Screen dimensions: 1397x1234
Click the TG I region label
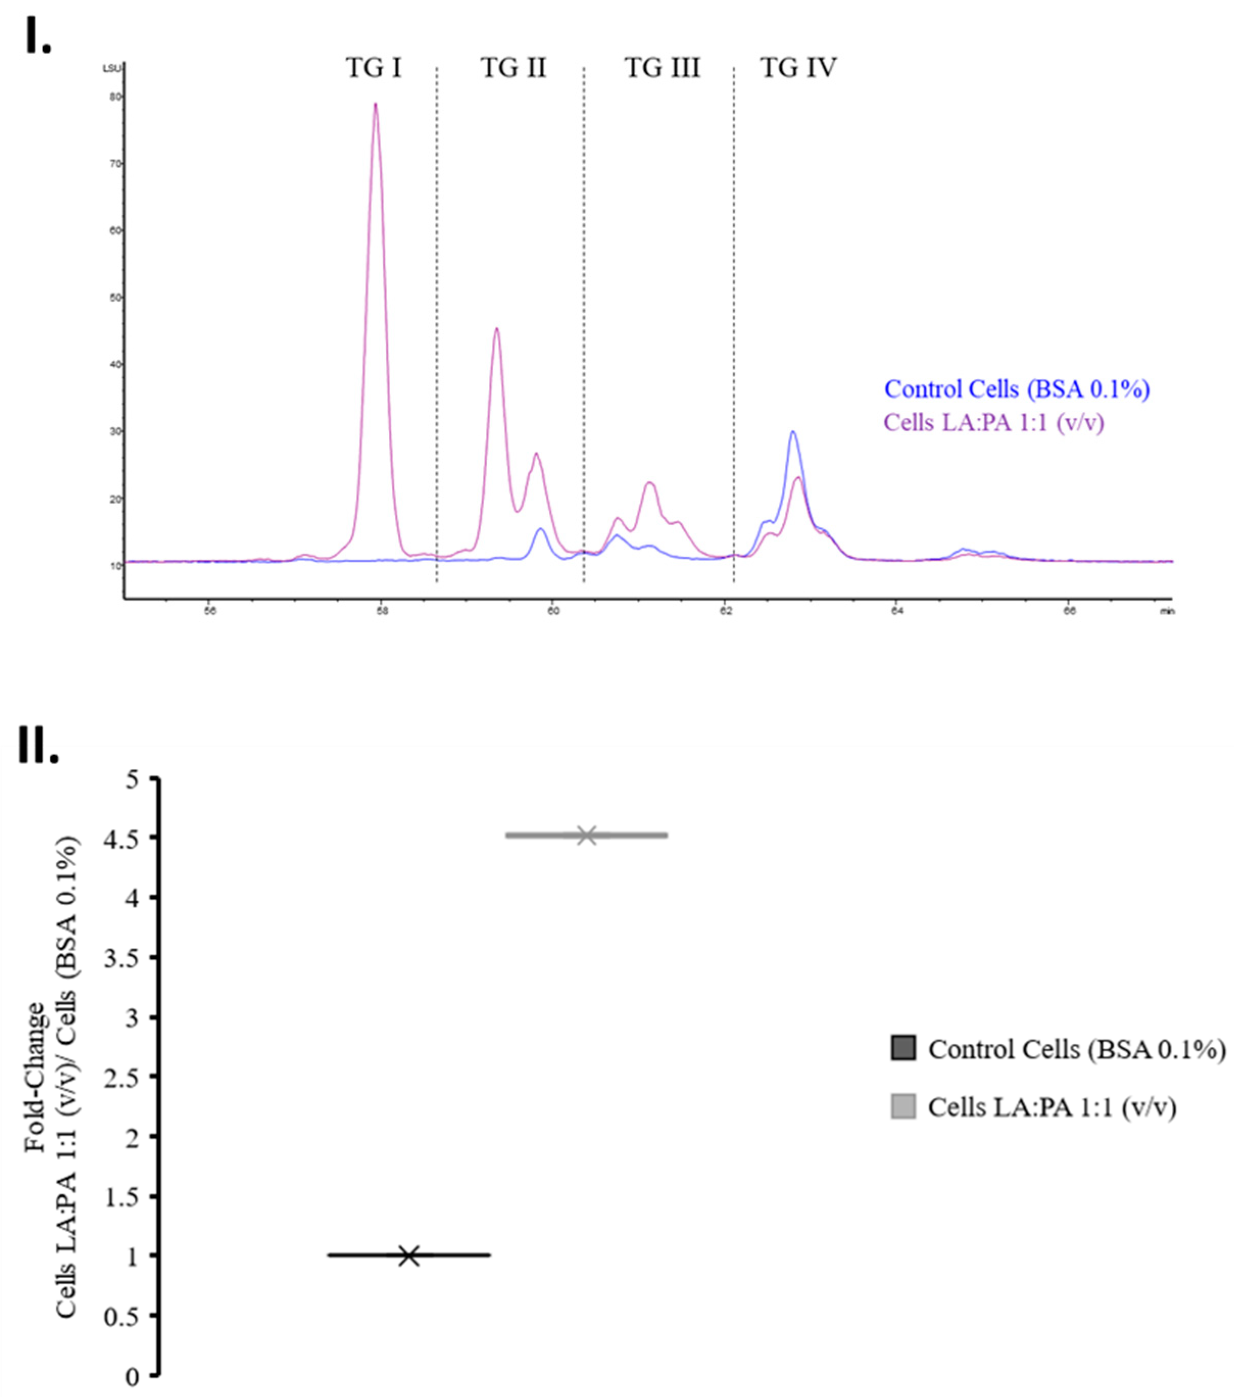pyautogui.click(x=374, y=68)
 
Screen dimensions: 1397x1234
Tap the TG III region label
pyautogui.click(x=662, y=68)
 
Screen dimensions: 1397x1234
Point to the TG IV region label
pyautogui.click(x=798, y=68)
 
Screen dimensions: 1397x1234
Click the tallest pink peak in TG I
pyautogui.click(x=375, y=105)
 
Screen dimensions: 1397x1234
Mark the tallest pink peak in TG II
pyautogui.click(x=497, y=329)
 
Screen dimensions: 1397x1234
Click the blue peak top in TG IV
pyautogui.click(x=793, y=432)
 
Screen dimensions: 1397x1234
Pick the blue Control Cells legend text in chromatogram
pyautogui.click(x=1017, y=389)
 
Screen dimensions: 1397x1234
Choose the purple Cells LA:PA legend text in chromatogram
pyautogui.click(x=994, y=423)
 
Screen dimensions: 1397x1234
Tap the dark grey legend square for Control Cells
pyautogui.click(x=903, y=1048)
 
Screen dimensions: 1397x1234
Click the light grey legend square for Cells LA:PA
pyautogui.click(x=903, y=1107)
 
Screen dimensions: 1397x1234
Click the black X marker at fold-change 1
pyautogui.click(x=409, y=1256)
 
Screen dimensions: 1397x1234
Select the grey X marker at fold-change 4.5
pyautogui.click(x=586, y=835)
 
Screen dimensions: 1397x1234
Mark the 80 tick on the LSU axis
pyautogui.click(x=115, y=97)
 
